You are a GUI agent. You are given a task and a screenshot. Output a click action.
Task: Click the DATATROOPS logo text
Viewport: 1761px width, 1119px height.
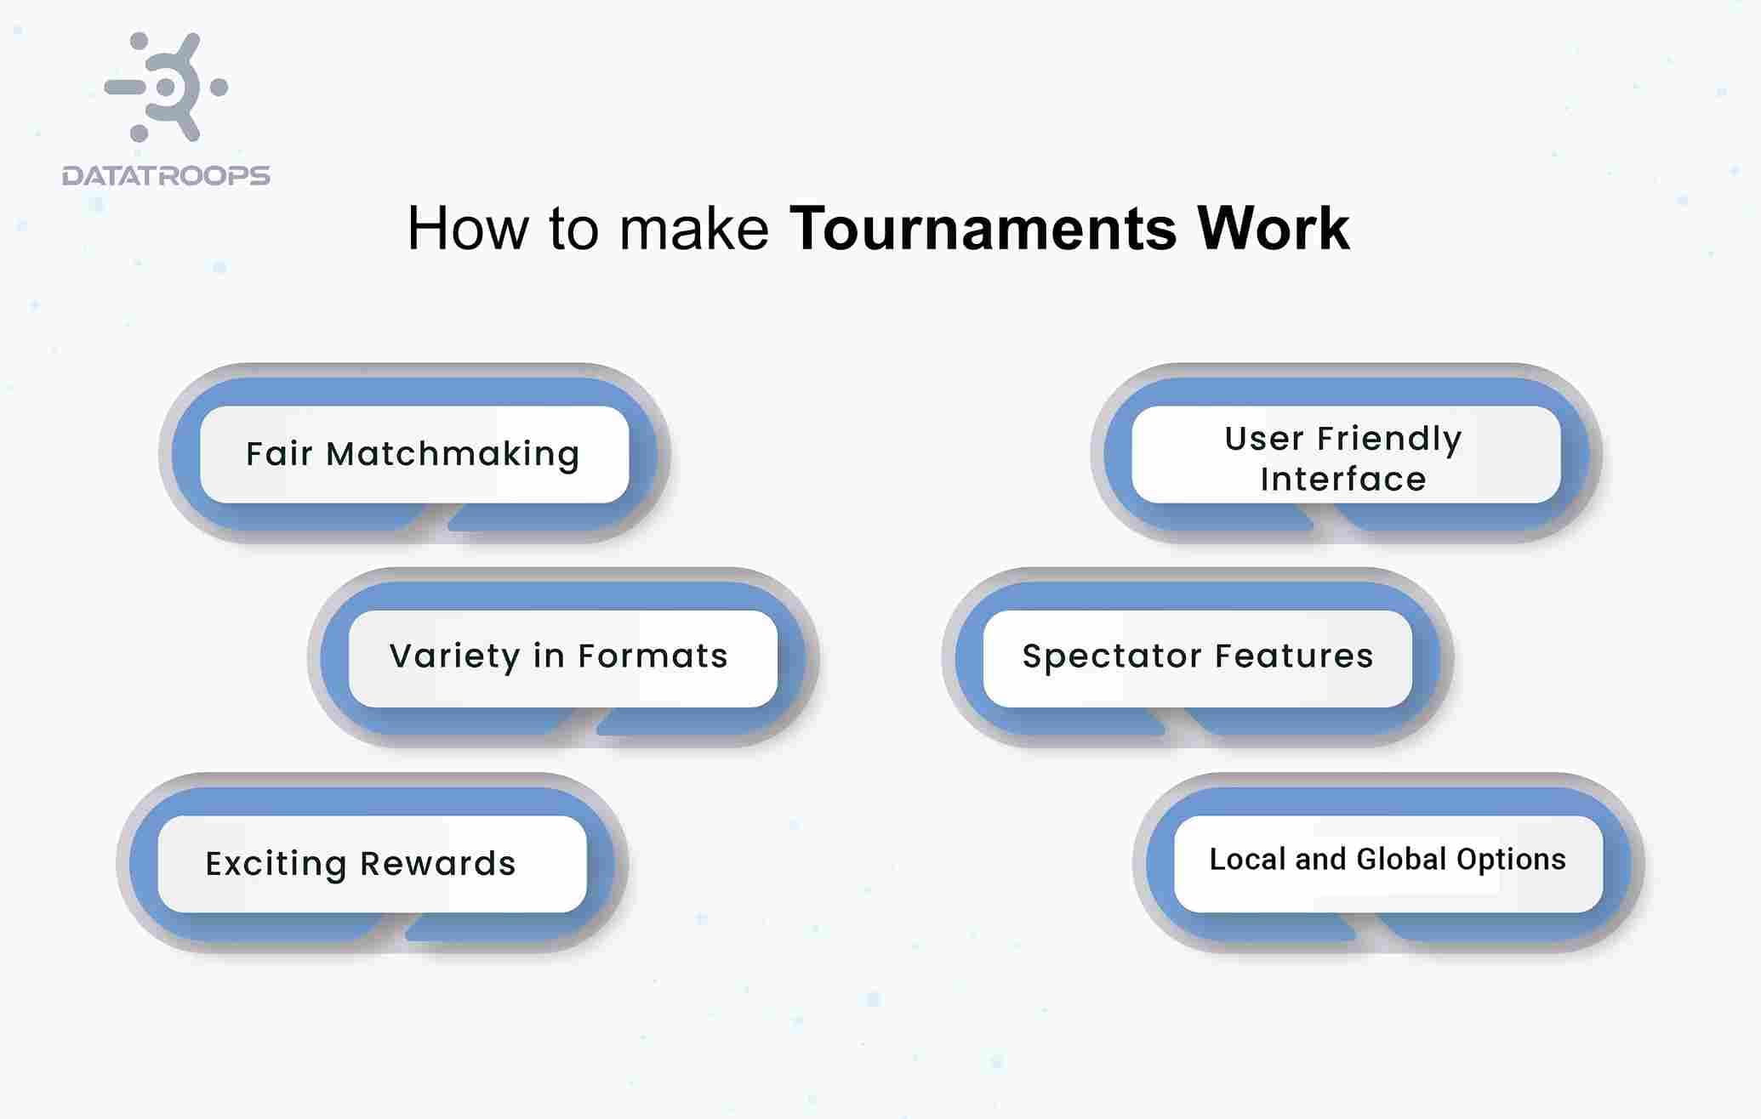pos(166,175)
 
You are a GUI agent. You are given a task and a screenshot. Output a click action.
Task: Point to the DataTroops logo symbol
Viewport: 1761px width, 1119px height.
pos(167,87)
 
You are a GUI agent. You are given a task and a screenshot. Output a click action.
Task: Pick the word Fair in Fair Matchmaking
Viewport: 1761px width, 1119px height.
pos(279,454)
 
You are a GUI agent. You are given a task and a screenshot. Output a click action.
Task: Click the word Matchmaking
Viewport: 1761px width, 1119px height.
pos(453,454)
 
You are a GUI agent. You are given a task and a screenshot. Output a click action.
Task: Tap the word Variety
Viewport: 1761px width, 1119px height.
pos(454,656)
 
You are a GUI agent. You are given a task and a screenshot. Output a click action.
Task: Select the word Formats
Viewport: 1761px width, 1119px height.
pos(653,656)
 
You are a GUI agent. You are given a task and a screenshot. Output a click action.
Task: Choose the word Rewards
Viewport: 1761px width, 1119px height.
pos(437,864)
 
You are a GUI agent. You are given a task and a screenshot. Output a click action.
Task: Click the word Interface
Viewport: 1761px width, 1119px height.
pos(1342,480)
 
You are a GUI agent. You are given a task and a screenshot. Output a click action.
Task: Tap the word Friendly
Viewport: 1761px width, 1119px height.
pos(1389,439)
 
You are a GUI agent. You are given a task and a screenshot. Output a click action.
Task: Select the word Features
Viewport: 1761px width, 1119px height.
pos(1294,656)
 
